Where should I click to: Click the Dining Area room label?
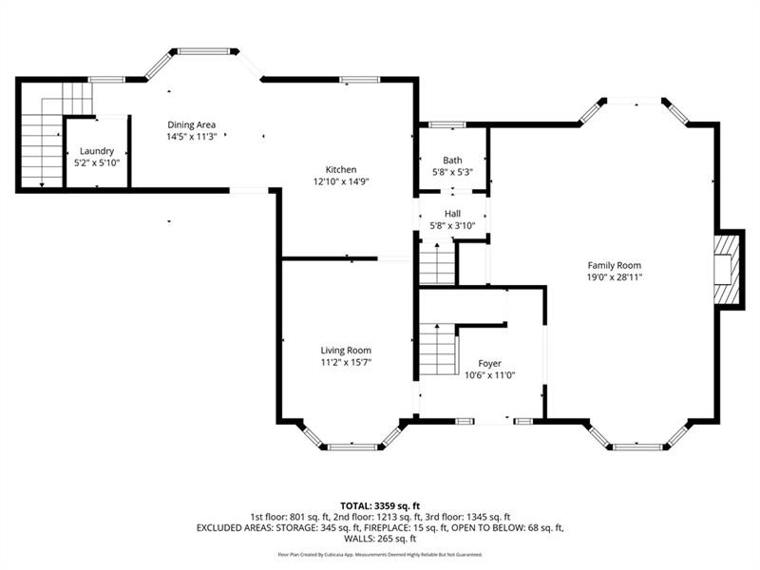pos(192,125)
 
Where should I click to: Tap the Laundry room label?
pos(97,151)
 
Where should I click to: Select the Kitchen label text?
pos(341,170)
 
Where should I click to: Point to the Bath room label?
pos(452,160)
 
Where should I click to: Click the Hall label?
pos(452,213)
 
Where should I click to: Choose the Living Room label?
pos(346,351)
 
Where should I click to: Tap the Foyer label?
pos(489,364)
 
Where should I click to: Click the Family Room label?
pos(614,266)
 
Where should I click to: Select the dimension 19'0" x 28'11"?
pos(614,277)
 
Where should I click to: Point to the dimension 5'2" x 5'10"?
pos(97,163)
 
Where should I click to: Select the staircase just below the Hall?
pos(437,264)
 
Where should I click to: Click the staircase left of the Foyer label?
pos(438,350)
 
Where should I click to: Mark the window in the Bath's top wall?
pos(446,125)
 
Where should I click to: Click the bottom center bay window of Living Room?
pos(352,446)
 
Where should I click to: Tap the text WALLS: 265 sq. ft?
pos(380,539)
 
